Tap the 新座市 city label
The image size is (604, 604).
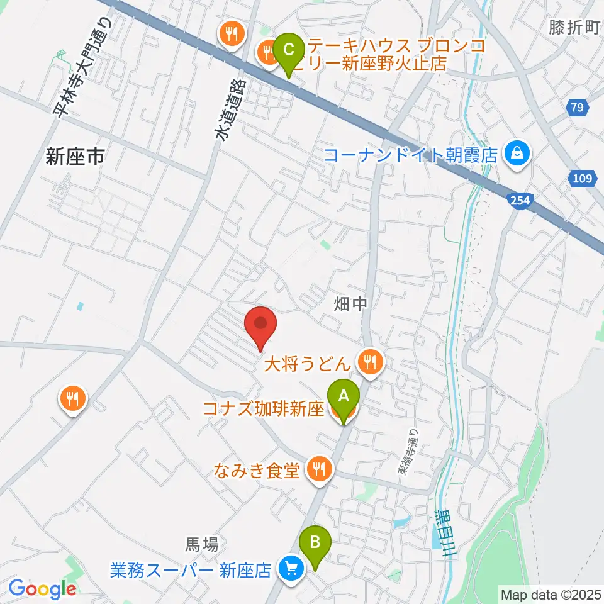click(75, 157)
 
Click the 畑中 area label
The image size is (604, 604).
click(350, 305)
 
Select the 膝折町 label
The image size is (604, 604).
click(575, 26)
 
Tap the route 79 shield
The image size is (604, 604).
click(578, 108)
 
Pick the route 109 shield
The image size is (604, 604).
click(582, 179)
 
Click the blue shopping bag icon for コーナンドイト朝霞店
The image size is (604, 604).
click(517, 153)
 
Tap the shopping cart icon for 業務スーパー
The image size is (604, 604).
click(291, 570)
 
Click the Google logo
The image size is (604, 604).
click(42, 589)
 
